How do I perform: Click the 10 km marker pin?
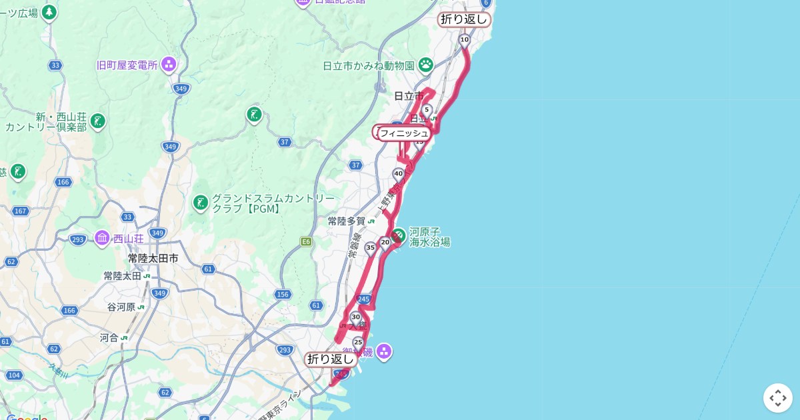pos(464,40)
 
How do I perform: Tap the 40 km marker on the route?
pos(399,175)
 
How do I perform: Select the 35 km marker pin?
pos(370,247)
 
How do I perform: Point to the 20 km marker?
pos(385,242)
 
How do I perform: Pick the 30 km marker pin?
pos(355,317)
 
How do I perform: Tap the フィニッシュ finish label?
pos(404,133)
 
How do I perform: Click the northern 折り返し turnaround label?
pos(464,19)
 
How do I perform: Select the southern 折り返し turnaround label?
pos(331,359)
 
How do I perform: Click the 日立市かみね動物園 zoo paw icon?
pos(425,65)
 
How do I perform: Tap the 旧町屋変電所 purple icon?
pos(169,65)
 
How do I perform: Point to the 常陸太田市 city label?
pos(153,258)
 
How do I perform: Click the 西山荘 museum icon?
pos(102,237)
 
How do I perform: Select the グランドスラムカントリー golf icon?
pos(200,202)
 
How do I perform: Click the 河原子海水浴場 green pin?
pos(398,235)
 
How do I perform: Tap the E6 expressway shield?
pos(307,241)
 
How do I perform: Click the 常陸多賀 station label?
pos(347,221)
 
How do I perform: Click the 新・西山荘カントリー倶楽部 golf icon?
pos(98,121)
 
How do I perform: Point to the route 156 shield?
pos(283,294)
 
